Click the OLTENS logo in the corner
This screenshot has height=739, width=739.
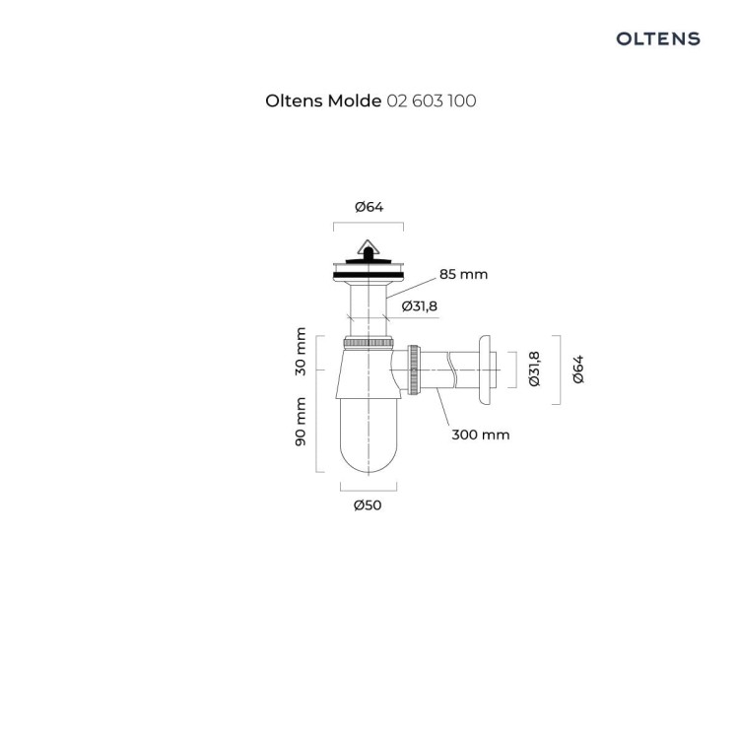click(658, 38)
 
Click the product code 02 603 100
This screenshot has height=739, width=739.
click(432, 101)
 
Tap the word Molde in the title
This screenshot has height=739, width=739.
click(355, 101)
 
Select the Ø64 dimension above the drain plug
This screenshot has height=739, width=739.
click(369, 207)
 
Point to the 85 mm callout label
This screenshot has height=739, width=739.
click(463, 274)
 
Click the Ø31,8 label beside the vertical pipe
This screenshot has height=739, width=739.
click(420, 306)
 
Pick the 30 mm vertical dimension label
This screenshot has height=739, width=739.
click(301, 352)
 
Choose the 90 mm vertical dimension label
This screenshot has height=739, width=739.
click(301, 422)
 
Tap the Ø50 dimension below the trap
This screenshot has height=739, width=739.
click(368, 505)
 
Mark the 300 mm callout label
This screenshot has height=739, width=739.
click(481, 435)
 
